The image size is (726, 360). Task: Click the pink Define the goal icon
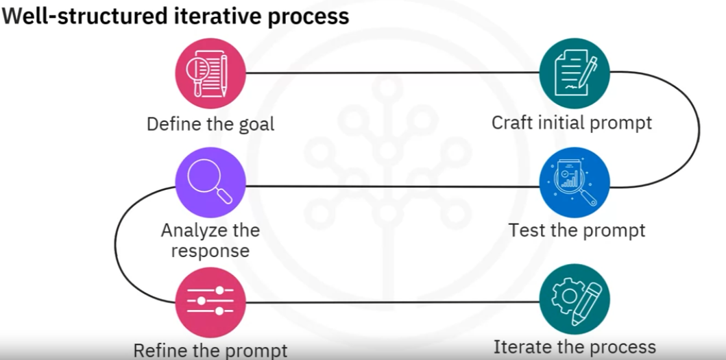(210, 73)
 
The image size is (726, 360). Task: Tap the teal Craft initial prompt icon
(574, 73)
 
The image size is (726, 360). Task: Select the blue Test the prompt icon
(574, 182)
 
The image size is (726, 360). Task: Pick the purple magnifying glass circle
(210, 182)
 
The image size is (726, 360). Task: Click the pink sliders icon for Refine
(210, 302)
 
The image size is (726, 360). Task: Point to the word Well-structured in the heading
(85, 16)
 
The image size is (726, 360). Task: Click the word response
(210, 251)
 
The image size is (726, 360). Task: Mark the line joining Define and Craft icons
(393, 73)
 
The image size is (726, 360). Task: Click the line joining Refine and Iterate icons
(393, 302)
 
